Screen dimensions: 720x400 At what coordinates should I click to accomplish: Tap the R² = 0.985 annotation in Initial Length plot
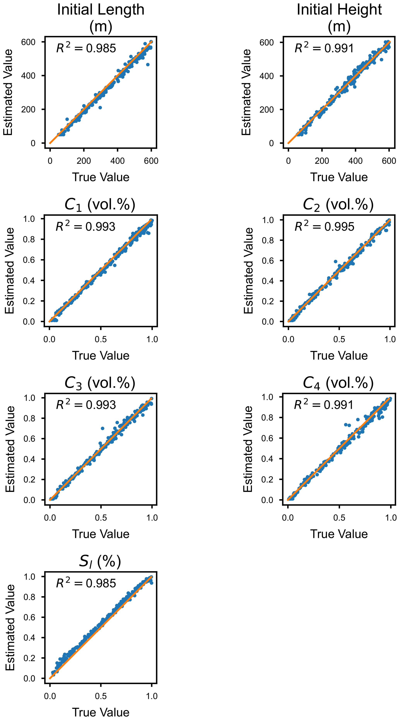coord(86,48)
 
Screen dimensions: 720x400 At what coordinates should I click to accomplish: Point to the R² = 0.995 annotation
coord(324,226)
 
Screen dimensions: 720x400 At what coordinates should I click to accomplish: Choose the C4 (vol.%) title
coord(338,383)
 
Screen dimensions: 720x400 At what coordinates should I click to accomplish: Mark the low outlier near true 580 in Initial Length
coord(148,64)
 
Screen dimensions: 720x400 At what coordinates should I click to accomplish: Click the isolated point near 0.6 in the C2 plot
coord(336,262)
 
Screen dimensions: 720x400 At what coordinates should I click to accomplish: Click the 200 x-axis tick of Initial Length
coord(84,161)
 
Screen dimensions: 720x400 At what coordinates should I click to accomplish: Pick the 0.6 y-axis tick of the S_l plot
coord(29,617)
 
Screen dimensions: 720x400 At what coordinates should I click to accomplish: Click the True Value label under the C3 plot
coord(101,534)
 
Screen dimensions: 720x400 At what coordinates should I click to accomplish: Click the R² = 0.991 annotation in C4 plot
coord(324,405)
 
